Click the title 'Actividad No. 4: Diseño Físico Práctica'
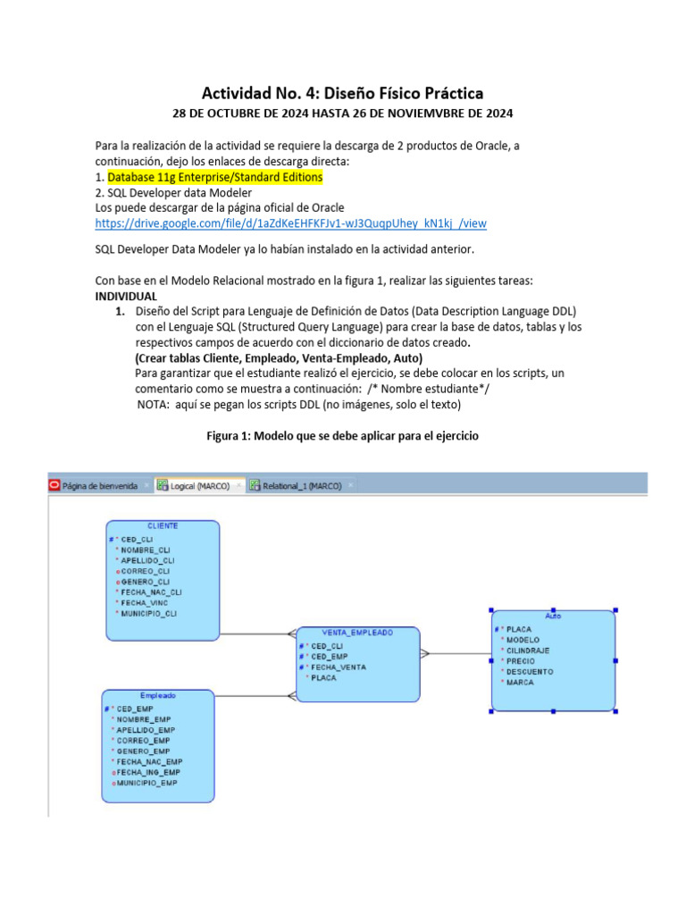click(342, 93)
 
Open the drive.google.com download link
click(290, 222)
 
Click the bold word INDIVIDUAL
click(126, 295)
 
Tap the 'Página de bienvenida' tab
click(100, 486)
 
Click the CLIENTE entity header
click(163, 526)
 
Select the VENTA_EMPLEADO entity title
click(357, 632)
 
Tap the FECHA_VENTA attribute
click(338, 667)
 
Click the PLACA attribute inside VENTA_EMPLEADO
click(323, 678)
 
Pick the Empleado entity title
click(158, 695)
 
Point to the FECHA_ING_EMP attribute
click(147, 772)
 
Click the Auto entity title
click(553, 616)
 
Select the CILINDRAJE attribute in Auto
click(527, 651)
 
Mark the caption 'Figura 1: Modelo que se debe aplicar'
click(342, 436)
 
